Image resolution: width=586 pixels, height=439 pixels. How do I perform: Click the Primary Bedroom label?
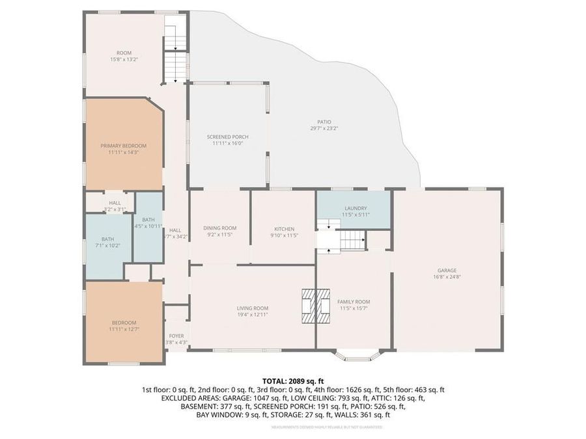pyautogui.click(x=123, y=146)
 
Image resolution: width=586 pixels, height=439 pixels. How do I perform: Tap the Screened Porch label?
pyautogui.click(x=227, y=137)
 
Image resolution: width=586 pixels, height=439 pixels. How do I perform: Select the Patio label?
pyautogui.click(x=324, y=122)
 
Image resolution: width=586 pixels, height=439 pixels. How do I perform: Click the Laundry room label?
pyautogui.click(x=356, y=208)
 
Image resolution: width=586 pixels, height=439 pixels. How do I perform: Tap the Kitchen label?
pyautogui.click(x=284, y=229)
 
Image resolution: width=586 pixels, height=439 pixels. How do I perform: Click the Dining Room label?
pyautogui.click(x=219, y=228)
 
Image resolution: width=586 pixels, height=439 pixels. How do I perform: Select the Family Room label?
pyautogui.click(x=354, y=302)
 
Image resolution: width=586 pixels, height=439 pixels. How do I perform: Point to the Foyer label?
pyautogui.click(x=176, y=336)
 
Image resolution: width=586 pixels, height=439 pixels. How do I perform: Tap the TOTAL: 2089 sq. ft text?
pyautogui.click(x=292, y=380)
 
